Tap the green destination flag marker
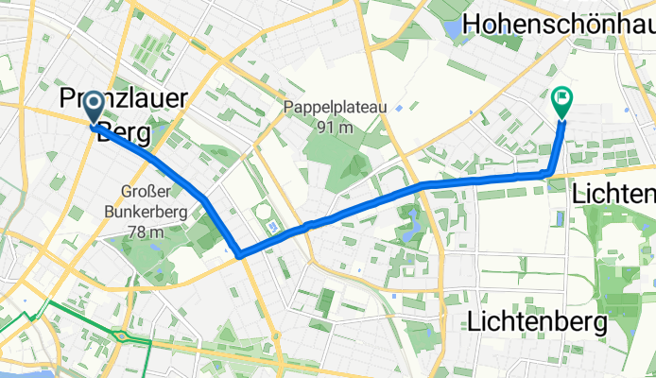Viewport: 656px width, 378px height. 561,98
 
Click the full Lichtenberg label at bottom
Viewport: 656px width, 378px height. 536,322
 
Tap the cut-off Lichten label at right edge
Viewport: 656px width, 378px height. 614,193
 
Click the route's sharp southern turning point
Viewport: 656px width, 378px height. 239,254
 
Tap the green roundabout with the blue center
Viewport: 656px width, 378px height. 122,335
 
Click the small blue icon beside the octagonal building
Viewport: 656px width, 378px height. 272,228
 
